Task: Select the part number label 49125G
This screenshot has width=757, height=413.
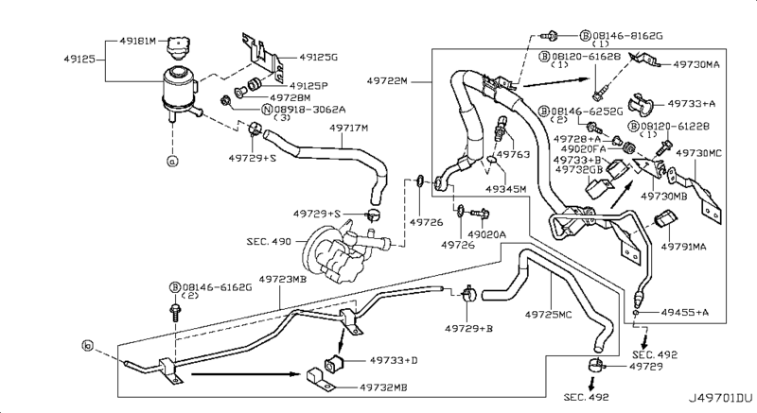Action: coord(318,58)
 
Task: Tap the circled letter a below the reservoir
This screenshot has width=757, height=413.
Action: coord(172,162)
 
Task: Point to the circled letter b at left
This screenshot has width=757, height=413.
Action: coord(87,346)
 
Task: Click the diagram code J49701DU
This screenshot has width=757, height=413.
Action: coord(720,398)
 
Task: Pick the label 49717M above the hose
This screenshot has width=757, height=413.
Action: coord(348,129)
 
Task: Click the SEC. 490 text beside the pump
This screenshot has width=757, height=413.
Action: coord(269,241)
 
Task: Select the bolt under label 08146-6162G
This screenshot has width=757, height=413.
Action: coord(174,312)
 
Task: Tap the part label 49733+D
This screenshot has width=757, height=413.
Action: coord(394,360)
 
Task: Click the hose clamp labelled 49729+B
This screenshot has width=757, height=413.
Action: coord(467,294)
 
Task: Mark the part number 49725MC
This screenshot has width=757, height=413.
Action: coord(548,315)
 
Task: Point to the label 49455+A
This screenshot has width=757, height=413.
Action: coord(684,312)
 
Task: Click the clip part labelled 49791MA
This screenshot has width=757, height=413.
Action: coord(665,218)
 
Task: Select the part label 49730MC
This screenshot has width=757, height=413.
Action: coord(698,153)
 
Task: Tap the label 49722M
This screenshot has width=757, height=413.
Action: coord(387,81)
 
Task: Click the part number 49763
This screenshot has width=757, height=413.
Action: coord(513,154)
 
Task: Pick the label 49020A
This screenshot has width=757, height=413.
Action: coord(486,234)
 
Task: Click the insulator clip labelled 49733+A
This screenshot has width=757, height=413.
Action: coord(641,105)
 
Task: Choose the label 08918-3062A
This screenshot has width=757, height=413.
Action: coord(310,110)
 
